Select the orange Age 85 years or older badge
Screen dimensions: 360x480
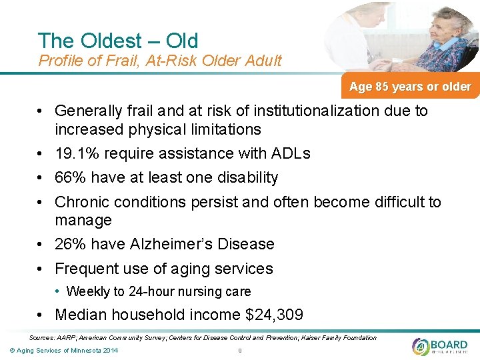coord(409,87)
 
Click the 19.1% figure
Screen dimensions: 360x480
coord(77,153)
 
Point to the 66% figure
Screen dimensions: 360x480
coord(70,177)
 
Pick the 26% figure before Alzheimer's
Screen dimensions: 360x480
coord(70,244)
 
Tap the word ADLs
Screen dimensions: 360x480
coord(291,153)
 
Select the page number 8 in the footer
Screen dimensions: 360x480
coord(239,351)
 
